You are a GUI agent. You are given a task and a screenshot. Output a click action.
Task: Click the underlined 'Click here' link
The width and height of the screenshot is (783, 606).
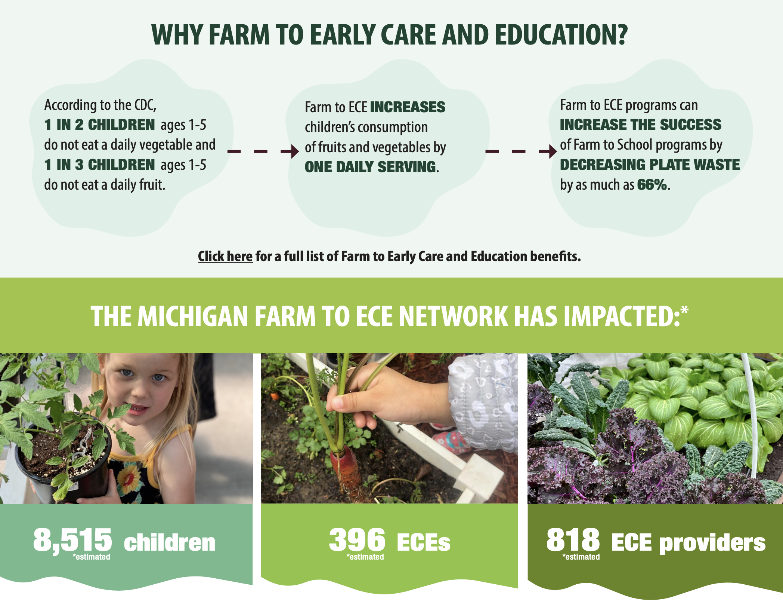pyautogui.click(x=225, y=257)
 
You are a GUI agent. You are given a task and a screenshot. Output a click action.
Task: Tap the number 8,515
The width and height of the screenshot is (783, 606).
pyautogui.click(x=72, y=540)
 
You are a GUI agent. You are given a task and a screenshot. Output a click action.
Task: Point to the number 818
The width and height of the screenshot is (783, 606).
pyautogui.click(x=573, y=540)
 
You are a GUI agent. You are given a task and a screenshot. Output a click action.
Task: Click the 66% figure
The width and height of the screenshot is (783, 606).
pyautogui.click(x=652, y=184)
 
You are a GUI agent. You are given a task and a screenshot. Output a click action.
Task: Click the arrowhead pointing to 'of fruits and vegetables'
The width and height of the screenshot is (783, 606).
pyautogui.click(x=295, y=151)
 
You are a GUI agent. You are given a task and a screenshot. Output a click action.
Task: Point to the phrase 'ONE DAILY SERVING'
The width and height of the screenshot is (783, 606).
pyautogui.click(x=371, y=167)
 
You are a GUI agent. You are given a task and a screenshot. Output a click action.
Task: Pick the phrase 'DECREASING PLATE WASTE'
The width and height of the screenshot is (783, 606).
pyautogui.click(x=650, y=165)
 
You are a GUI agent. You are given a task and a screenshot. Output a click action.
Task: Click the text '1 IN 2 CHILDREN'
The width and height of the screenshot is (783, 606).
pyautogui.click(x=99, y=125)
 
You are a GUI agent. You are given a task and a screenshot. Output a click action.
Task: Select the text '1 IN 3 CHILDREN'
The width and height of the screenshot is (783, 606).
pyautogui.click(x=99, y=165)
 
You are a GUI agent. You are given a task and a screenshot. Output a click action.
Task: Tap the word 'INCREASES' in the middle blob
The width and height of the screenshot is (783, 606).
pyautogui.click(x=408, y=107)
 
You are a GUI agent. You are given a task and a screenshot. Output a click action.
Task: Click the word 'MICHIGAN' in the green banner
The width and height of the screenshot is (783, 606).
pyautogui.click(x=193, y=316)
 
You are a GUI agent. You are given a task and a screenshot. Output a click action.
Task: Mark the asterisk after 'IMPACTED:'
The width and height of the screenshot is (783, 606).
pyautogui.click(x=684, y=310)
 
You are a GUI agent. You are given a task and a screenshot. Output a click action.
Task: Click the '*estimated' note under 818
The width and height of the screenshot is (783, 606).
pyautogui.click(x=581, y=557)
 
